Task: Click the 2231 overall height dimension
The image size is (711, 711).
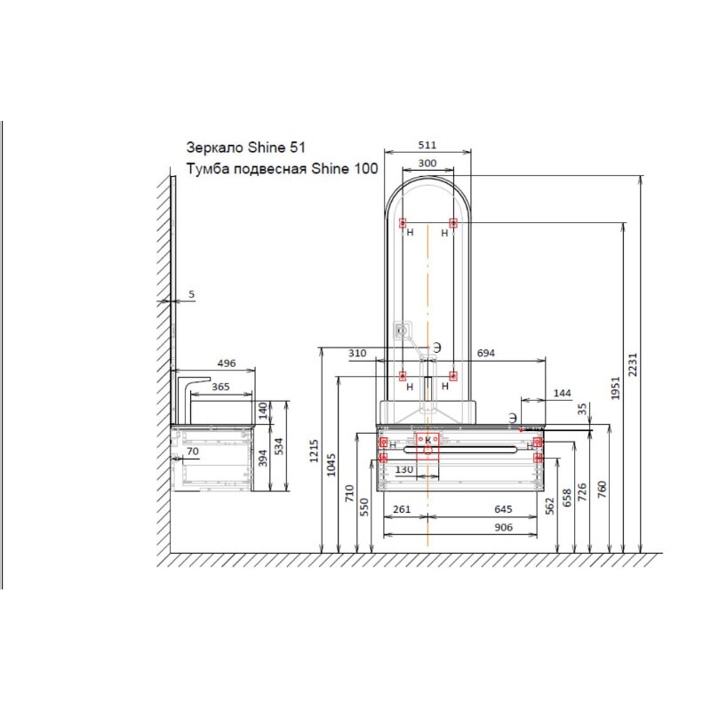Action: (633, 364)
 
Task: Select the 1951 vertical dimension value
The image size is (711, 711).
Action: (615, 388)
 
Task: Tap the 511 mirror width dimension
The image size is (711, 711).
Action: (427, 145)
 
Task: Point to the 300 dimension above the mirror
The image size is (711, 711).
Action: (427, 164)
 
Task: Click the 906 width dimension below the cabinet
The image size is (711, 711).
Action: (503, 527)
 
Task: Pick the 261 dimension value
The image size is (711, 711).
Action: (402, 509)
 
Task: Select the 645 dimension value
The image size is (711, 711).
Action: (503, 509)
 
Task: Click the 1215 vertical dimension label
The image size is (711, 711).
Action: (314, 451)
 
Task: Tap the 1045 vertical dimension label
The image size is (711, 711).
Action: (331, 465)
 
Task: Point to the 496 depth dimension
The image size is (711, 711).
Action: (227, 363)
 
